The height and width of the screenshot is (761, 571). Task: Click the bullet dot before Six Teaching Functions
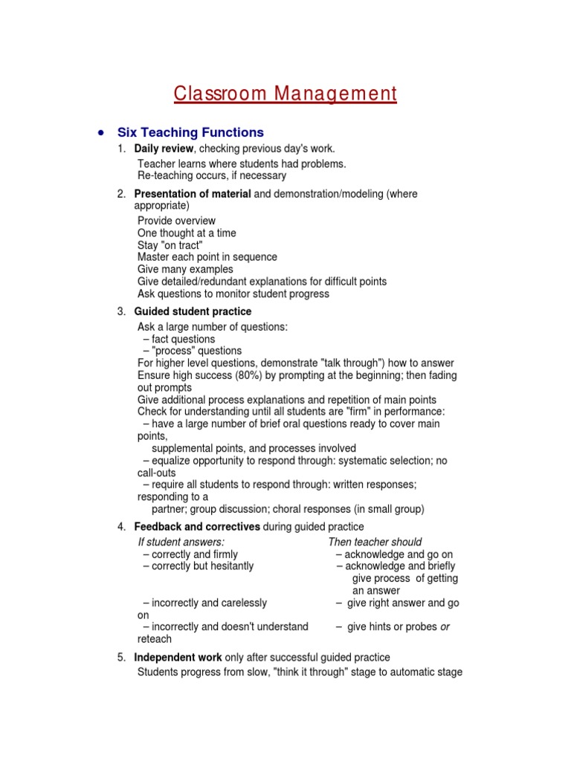pos(100,132)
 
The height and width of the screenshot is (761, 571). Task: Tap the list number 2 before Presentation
pos(121,194)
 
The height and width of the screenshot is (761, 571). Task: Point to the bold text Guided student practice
pos(193,311)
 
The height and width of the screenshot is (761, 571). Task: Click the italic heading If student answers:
pos(181,542)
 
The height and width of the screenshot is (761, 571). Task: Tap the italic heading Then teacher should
pos(375,542)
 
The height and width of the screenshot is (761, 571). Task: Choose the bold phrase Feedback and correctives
pos(197,527)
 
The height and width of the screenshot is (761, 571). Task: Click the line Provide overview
pos(176,221)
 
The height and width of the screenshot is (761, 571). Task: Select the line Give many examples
pos(185,269)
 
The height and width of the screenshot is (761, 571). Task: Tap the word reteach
pos(155,639)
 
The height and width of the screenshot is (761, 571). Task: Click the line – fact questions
pos(179,339)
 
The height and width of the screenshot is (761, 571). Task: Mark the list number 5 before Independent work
pos(121,657)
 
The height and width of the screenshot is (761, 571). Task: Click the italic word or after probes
pos(445,626)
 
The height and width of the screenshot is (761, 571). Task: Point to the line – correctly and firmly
pos(190,554)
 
